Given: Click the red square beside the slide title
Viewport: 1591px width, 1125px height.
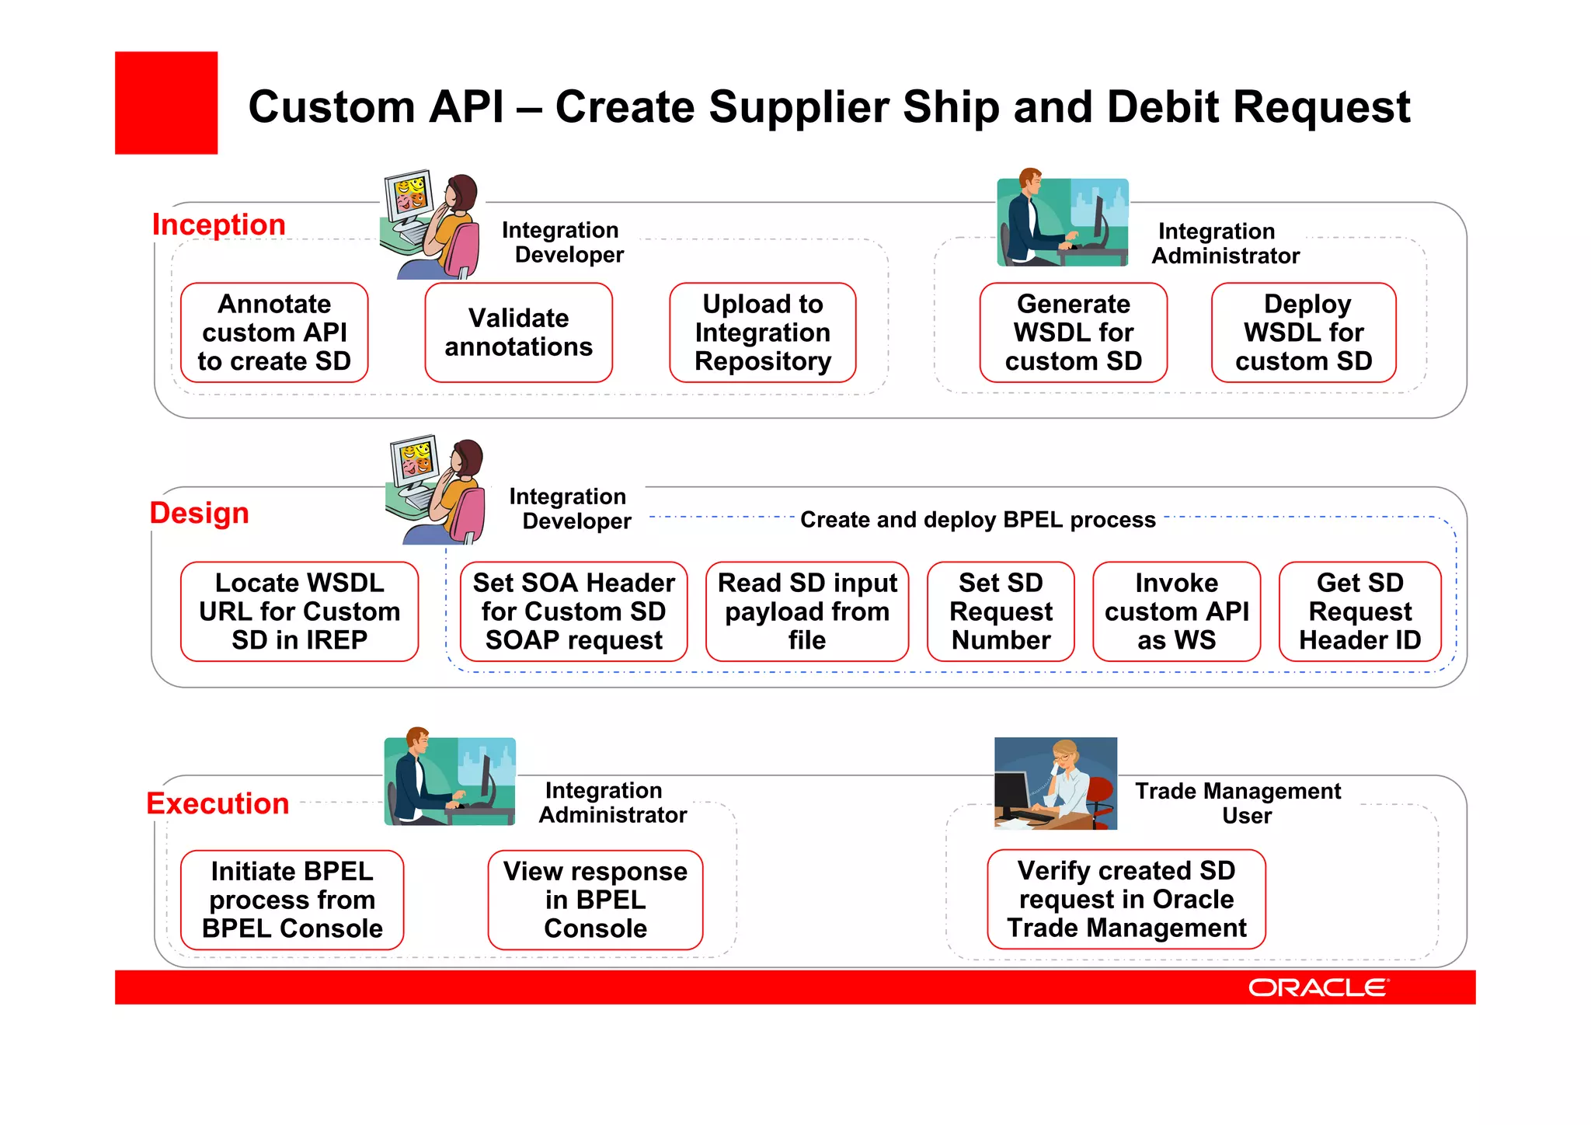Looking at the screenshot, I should (x=166, y=103).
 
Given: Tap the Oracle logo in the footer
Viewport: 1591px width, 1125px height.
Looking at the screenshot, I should (x=1318, y=987).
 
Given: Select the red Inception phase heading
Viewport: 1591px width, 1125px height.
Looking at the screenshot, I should (x=219, y=225).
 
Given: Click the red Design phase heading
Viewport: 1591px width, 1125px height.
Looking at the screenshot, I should (x=199, y=514).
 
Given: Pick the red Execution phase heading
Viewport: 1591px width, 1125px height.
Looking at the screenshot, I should (x=218, y=803).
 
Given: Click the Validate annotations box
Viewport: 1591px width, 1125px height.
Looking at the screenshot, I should (x=518, y=333).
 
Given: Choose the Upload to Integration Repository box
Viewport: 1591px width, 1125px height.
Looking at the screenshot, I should (x=762, y=333).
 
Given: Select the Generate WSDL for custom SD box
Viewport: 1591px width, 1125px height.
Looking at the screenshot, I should (x=1073, y=333).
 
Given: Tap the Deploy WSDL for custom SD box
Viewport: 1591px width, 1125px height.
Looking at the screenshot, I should (x=1304, y=333).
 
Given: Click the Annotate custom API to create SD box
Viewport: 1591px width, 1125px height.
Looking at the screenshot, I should (x=274, y=333).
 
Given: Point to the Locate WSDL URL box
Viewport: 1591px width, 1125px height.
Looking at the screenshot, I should (x=299, y=611).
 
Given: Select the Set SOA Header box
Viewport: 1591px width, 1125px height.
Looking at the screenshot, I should (x=573, y=611).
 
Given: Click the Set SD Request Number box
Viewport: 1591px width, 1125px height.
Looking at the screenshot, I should (x=1001, y=611).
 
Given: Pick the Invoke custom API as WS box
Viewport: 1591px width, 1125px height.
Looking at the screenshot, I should (x=1176, y=611).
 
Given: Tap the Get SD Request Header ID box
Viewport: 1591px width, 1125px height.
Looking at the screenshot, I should (x=1359, y=611).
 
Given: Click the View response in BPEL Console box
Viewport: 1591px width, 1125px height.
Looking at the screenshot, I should (x=595, y=900).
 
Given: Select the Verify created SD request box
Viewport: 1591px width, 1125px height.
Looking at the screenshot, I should (x=1126, y=899).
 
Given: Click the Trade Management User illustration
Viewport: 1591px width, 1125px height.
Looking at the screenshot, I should (x=1056, y=783).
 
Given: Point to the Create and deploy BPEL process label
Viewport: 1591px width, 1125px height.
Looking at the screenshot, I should (x=978, y=520).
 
